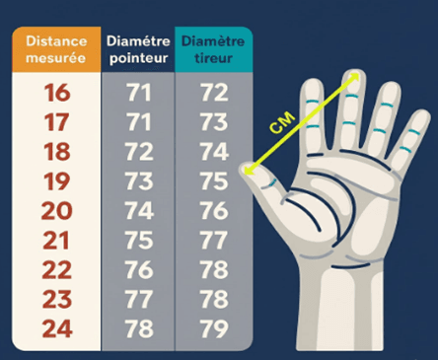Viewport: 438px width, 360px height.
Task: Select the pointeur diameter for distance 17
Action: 139,124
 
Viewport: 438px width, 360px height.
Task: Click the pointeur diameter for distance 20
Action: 139,212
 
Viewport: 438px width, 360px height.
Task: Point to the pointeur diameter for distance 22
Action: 139,270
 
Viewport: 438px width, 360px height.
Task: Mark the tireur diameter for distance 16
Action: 213,95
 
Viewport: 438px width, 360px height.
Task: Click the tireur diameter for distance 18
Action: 213,153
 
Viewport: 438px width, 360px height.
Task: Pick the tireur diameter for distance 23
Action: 213,300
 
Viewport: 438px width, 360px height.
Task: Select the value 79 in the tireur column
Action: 213,328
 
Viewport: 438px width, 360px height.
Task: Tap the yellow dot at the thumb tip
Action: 248,171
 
